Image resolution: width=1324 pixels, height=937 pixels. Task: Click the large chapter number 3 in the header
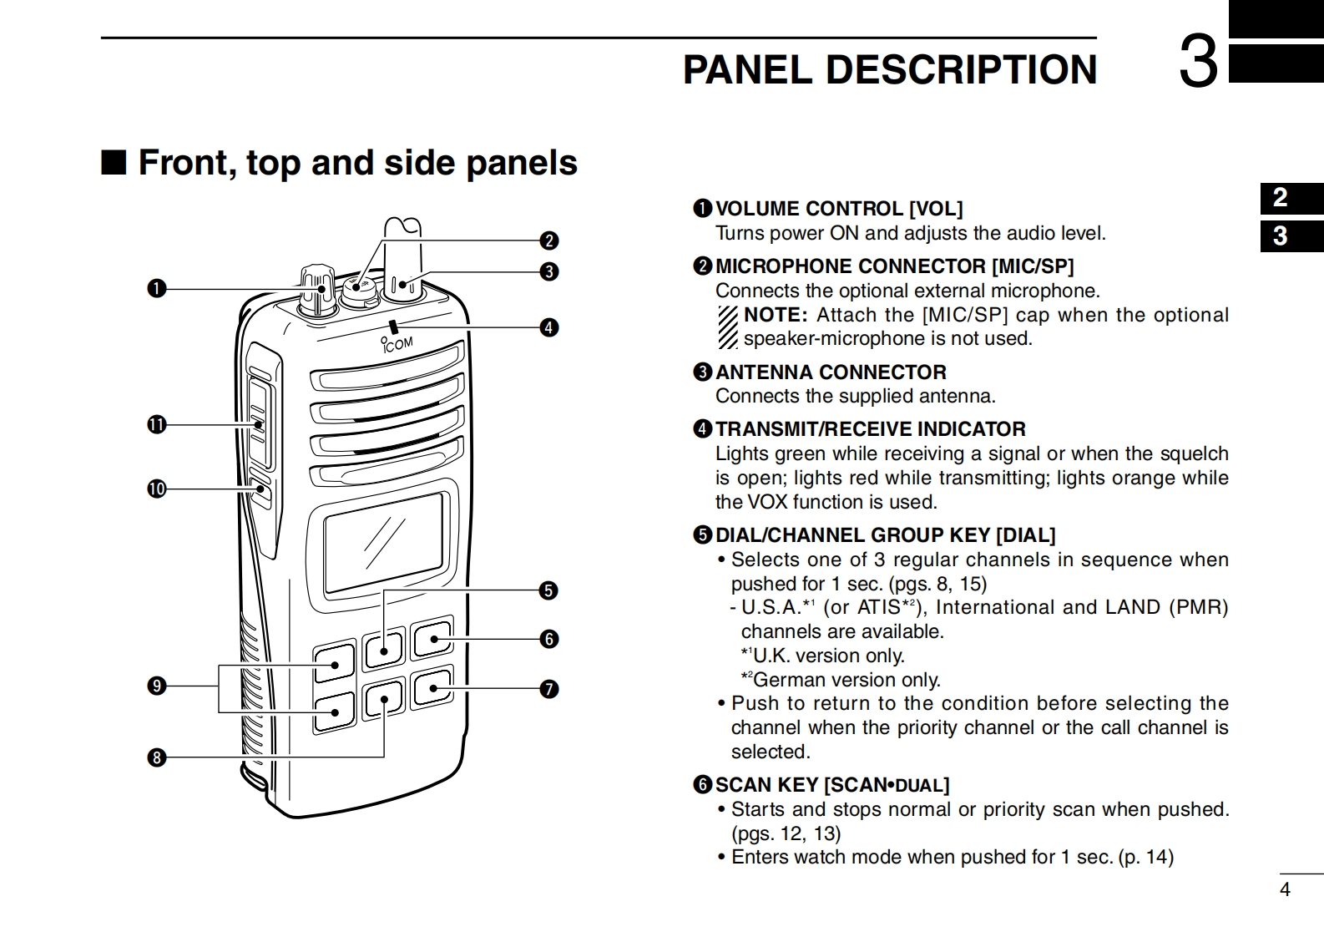click(1198, 63)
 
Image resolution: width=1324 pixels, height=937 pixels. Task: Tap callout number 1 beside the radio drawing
click(156, 289)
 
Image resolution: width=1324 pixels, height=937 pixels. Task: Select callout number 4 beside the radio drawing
click(548, 327)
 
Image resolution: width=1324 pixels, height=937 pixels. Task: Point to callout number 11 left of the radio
click(156, 425)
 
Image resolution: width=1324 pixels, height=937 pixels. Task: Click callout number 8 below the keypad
click(156, 758)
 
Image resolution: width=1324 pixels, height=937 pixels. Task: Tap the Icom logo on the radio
click(397, 343)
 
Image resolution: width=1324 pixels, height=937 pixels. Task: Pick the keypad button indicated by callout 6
click(432, 640)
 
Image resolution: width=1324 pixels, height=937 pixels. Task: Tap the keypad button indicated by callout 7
click(432, 688)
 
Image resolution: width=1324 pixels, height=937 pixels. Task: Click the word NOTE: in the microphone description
click(775, 315)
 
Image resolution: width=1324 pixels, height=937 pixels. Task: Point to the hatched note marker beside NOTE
click(728, 327)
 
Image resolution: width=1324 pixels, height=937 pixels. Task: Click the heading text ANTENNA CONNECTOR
click(831, 372)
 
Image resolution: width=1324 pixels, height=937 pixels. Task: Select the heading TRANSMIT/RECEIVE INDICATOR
click(870, 429)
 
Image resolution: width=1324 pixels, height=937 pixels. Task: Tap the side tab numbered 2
click(1281, 198)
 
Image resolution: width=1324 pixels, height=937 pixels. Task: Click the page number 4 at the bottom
click(1285, 890)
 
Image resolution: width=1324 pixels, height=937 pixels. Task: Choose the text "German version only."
click(846, 680)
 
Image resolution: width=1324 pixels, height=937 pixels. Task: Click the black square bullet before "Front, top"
click(114, 162)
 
